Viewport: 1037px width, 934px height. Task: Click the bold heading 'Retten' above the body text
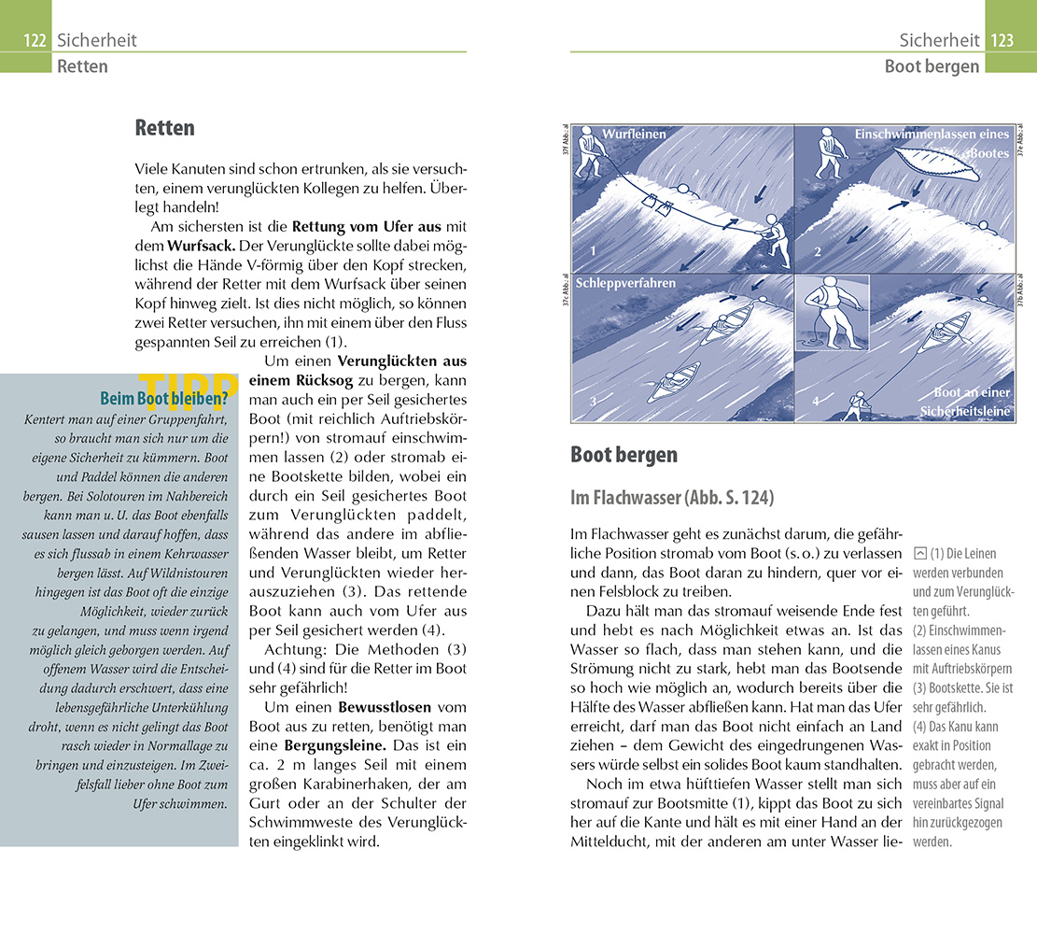[165, 128]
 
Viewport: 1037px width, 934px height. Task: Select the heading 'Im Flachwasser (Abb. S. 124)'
[672, 498]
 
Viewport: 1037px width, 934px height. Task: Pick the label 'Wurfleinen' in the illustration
[634, 134]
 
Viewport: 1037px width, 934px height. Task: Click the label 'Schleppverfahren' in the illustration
[626, 283]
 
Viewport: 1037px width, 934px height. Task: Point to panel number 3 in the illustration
[592, 402]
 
